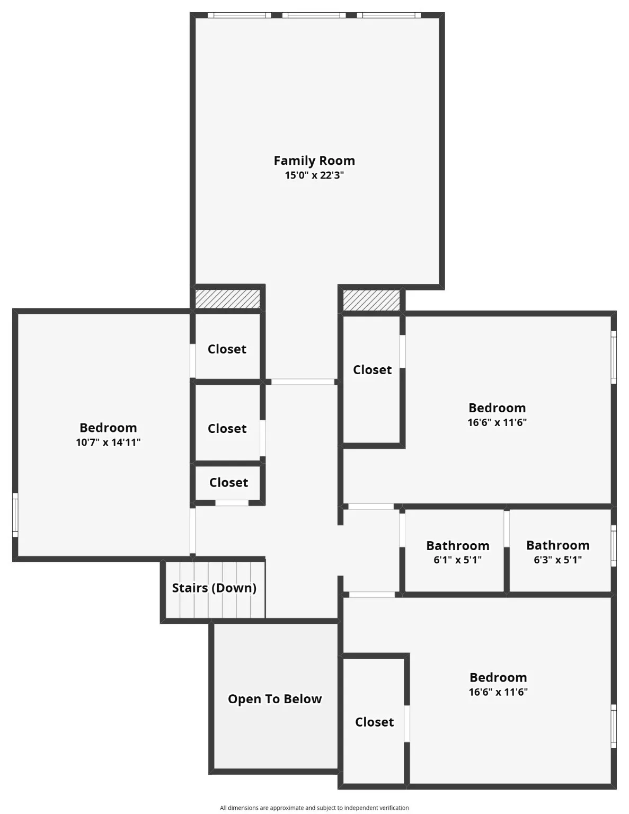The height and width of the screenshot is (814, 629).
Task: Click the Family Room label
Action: (x=314, y=161)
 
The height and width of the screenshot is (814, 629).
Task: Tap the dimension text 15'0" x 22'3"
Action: (x=314, y=175)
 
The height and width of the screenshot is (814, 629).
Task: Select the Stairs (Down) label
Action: (x=214, y=588)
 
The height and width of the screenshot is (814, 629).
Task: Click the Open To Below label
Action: (x=274, y=699)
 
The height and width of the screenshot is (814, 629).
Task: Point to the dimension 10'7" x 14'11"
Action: (x=108, y=443)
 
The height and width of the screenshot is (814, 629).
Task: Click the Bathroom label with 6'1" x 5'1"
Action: (x=458, y=546)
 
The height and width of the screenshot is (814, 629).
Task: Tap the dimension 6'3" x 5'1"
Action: (x=557, y=560)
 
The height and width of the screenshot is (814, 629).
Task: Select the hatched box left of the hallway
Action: (x=227, y=299)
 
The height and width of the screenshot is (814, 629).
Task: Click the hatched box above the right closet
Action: (x=371, y=300)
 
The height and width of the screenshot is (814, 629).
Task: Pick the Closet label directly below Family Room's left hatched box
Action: (x=227, y=349)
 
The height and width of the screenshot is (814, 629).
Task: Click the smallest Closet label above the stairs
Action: (x=228, y=483)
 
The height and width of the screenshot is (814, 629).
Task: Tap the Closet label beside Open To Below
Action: (x=374, y=722)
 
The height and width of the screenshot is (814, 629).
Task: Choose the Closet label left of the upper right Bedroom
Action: (x=372, y=370)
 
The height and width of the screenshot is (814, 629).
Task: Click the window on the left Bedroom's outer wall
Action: (x=15, y=515)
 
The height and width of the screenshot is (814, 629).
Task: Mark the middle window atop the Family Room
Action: (x=314, y=15)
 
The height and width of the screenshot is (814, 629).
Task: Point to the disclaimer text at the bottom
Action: (x=314, y=808)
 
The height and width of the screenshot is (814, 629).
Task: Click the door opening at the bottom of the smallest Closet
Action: (x=232, y=502)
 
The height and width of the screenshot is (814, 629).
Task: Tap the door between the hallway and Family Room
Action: (x=303, y=382)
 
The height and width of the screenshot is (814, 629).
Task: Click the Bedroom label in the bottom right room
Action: (x=498, y=678)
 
